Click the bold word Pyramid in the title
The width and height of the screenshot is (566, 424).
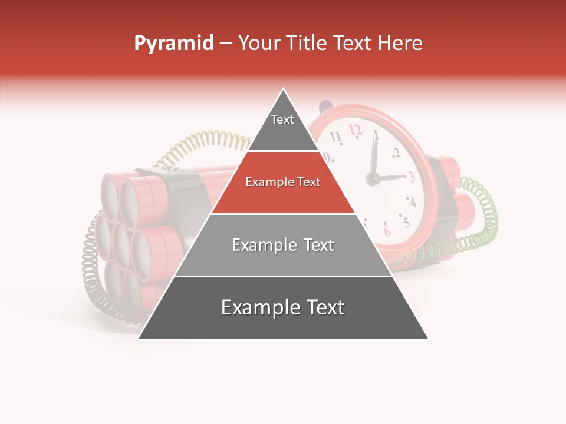(x=173, y=43)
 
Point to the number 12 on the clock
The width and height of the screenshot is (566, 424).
(x=354, y=129)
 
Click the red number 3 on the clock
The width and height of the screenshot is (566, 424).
(x=411, y=176)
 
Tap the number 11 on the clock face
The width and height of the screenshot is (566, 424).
(x=336, y=137)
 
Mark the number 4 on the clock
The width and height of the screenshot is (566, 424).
(x=412, y=202)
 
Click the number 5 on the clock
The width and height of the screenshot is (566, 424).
(x=405, y=222)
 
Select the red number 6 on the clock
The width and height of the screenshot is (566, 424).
(x=387, y=230)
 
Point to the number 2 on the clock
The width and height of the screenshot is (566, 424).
(x=396, y=154)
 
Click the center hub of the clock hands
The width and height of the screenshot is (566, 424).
(x=373, y=178)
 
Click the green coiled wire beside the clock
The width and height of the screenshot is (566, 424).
(x=481, y=224)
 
